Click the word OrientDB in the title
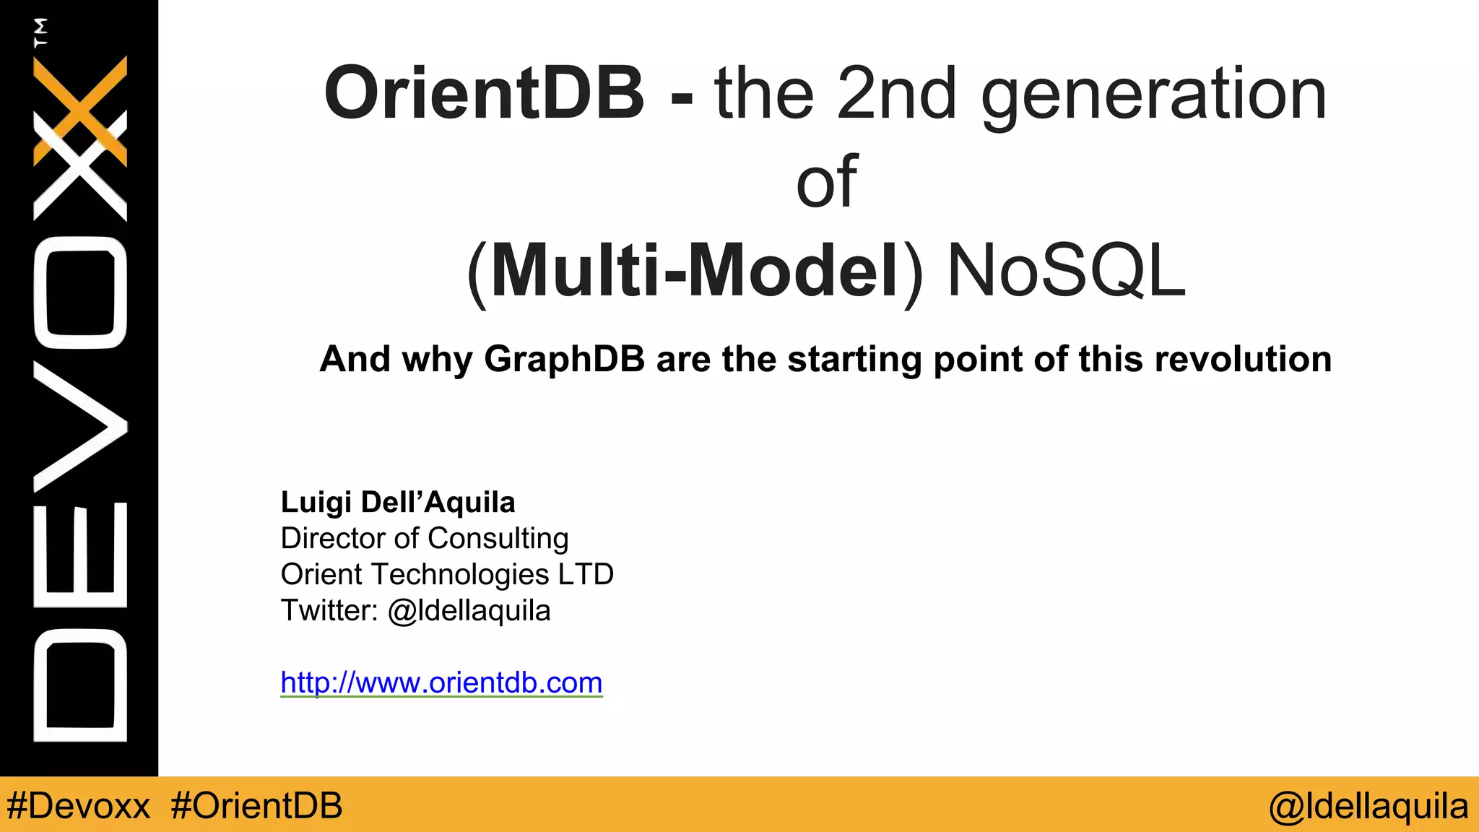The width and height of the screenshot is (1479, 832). [484, 94]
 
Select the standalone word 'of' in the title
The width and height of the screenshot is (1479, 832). [827, 182]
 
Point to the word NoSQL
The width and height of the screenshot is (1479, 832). [1066, 271]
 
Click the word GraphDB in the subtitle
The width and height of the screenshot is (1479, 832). [564, 359]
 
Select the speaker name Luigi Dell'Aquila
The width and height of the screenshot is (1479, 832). [398, 502]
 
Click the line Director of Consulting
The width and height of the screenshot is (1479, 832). [425, 539]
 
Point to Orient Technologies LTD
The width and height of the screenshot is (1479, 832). [447, 575]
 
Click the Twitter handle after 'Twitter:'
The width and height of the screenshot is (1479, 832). [469, 611]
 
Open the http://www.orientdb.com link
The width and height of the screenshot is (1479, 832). [441, 682]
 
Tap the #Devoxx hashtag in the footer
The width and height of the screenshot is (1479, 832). [78, 806]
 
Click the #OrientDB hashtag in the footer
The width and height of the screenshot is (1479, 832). [257, 806]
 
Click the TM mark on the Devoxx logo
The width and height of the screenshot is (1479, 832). [41, 32]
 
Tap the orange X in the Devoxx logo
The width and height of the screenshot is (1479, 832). [80, 108]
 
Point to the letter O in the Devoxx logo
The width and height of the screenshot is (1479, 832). [80, 292]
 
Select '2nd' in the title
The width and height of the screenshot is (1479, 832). [895, 94]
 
